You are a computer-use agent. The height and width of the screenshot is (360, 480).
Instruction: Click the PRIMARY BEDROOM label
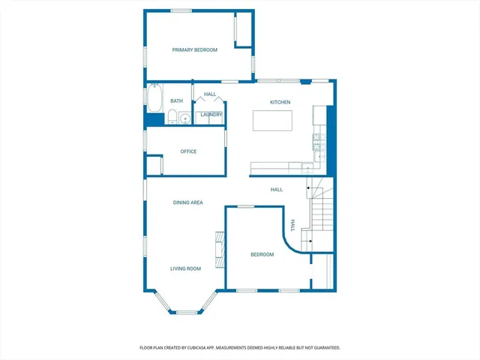tap(194, 50)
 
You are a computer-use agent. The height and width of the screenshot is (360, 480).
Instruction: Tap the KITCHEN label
tap(280, 102)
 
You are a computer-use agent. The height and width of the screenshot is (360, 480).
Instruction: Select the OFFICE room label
tap(188, 151)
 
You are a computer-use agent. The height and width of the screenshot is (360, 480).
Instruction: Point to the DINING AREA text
tap(188, 202)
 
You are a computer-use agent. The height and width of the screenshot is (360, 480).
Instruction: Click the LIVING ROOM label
tap(185, 268)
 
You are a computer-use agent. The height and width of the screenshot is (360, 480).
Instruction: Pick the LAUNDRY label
tap(211, 115)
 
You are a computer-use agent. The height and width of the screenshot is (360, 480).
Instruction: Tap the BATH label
tap(176, 100)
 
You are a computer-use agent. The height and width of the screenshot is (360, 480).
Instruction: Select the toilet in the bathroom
tap(172, 117)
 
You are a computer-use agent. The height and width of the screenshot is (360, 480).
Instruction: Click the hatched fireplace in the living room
tap(220, 249)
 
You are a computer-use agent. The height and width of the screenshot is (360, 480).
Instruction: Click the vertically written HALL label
tap(293, 224)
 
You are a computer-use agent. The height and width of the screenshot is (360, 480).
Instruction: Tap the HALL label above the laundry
tap(210, 94)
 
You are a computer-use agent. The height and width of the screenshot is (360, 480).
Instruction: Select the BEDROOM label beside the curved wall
tap(262, 255)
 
